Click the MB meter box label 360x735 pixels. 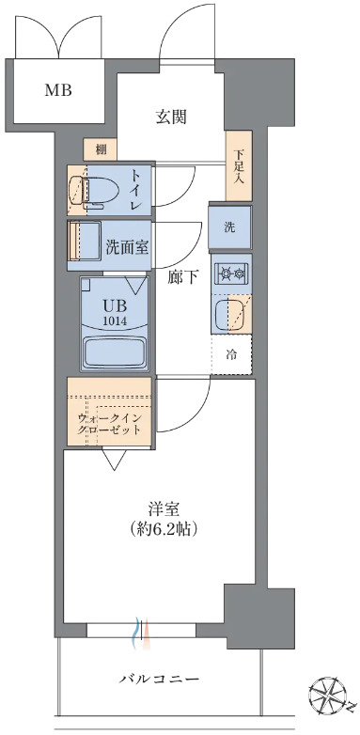pyautogui.click(x=60, y=91)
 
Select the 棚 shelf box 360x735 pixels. pyautogui.click(x=99, y=149)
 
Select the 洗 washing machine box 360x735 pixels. pyautogui.click(x=229, y=227)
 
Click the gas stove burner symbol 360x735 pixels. pyautogui.click(x=230, y=274)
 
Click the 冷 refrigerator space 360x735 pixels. pyautogui.click(x=230, y=355)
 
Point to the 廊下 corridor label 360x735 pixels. pyautogui.click(x=181, y=277)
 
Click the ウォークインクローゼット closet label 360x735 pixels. pyautogui.click(x=110, y=423)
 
